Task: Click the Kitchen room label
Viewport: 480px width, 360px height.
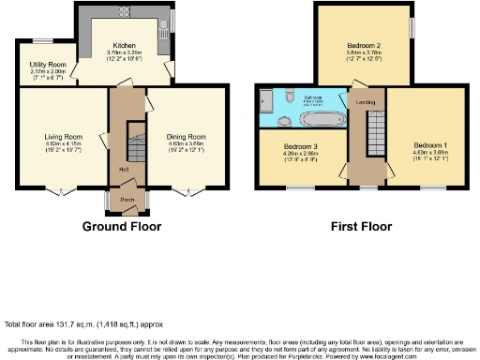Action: [126, 45]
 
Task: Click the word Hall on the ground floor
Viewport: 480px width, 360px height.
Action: [123, 169]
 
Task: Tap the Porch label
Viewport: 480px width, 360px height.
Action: [123, 199]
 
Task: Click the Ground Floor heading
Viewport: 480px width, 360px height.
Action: [121, 226]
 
